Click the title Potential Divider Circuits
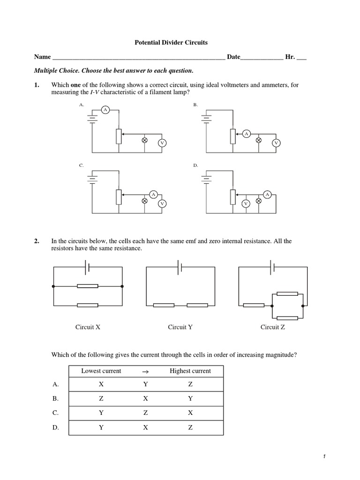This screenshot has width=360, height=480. click(171, 43)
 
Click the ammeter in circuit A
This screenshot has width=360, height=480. click(105, 110)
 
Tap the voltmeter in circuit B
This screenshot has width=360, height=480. click(277, 142)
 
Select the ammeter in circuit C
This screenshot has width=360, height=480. click(153, 194)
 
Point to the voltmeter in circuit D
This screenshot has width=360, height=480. click(245, 203)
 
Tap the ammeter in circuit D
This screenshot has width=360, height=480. click(267, 194)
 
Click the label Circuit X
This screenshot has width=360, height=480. click(88, 327)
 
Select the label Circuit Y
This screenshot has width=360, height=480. click(180, 327)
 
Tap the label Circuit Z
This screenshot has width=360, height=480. click(273, 327)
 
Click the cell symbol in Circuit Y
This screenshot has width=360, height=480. click(180, 267)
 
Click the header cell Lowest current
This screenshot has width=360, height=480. click(101, 371)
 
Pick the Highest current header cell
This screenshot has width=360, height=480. click(190, 371)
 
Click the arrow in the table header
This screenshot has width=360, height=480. click(145, 371)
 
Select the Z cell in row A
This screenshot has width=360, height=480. click(190, 384)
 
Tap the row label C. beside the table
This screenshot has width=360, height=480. click(56, 413)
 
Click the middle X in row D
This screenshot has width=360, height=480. click(145, 427)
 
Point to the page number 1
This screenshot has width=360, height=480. click(324, 457)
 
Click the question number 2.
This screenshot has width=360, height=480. click(37, 241)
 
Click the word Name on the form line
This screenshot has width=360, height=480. click(42, 57)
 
